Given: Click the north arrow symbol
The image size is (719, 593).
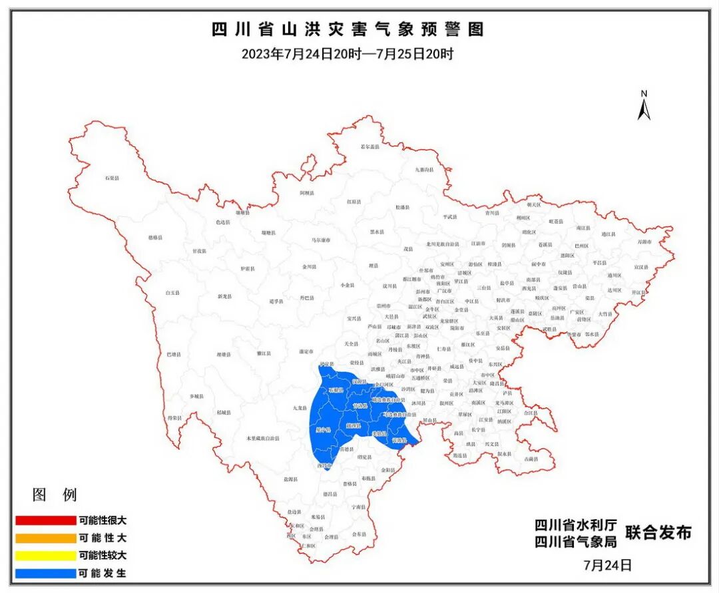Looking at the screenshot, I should click(x=644, y=106).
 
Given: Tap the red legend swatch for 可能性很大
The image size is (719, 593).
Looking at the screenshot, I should click(x=46, y=520).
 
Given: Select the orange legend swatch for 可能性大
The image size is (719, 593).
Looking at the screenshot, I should click(x=46, y=538).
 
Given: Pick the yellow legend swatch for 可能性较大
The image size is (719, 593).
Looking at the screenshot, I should click(x=46, y=555).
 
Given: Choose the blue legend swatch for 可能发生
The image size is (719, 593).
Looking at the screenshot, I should click(x=46, y=572).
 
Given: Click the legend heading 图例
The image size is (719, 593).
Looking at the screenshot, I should click(x=55, y=494).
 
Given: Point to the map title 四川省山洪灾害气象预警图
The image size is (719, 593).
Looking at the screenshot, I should click(x=347, y=30).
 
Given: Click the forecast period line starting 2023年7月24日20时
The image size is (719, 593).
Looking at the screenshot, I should click(x=347, y=54).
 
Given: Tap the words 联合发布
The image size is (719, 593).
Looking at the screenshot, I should click(x=658, y=532).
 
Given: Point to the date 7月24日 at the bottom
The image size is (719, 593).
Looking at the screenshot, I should click(x=606, y=565).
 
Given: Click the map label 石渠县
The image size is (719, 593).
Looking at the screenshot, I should click(x=111, y=178).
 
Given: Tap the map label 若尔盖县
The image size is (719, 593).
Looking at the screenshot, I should click(x=369, y=146).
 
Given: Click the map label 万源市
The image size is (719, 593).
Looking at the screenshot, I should click(x=644, y=242).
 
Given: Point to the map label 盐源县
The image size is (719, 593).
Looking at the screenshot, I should click(x=290, y=479).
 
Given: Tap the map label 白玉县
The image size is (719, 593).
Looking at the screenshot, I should click(x=172, y=293).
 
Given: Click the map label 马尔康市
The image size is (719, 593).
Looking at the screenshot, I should click(x=322, y=240).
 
